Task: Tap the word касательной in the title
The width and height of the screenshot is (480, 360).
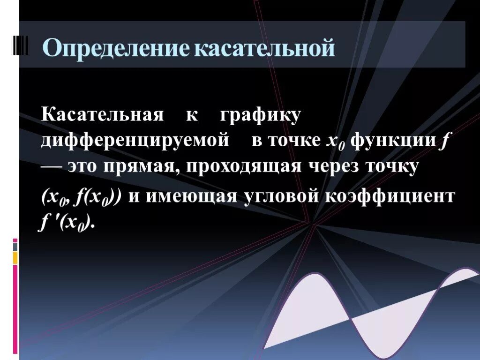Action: (265, 49)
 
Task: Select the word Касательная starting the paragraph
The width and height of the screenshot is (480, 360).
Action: (102, 115)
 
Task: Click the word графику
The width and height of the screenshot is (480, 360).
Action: (260, 115)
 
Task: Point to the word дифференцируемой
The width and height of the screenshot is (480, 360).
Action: (135, 141)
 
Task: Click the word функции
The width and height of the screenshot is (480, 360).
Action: (393, 141)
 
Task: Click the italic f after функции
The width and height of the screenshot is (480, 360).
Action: (442, 141)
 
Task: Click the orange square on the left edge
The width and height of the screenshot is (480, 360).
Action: (15, 257)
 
